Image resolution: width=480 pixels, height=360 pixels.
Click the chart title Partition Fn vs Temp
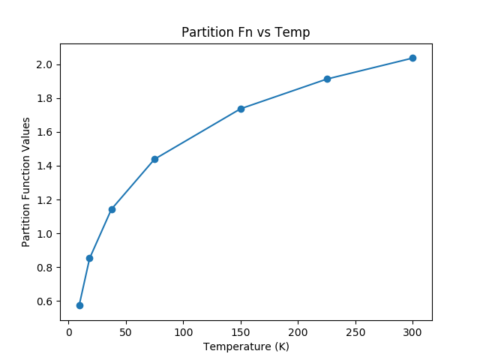click(246, 32)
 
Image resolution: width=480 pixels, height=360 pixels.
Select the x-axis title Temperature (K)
click(246, 346)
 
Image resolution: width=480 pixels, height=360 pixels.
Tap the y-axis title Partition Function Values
click(26, 181)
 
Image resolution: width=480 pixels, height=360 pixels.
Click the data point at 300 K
click(412, 58)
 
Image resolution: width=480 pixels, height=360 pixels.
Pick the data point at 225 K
click(327, 79)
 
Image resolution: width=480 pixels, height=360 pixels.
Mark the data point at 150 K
click(241, 109)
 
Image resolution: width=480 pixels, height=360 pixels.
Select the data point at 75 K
click(154, 159)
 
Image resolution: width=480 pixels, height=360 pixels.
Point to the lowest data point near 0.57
click(79, 305)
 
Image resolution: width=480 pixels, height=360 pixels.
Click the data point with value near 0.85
click(89, 258)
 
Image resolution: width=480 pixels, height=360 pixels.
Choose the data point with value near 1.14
click(112, 209)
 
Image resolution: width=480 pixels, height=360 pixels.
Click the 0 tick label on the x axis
click(69, 331)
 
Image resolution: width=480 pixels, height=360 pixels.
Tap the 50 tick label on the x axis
click(126, 331)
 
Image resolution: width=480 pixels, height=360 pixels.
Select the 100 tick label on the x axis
click(184, 331)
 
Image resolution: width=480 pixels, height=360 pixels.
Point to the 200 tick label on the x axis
click(298, 331)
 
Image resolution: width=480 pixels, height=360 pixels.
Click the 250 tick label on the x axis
click(355, 331)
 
